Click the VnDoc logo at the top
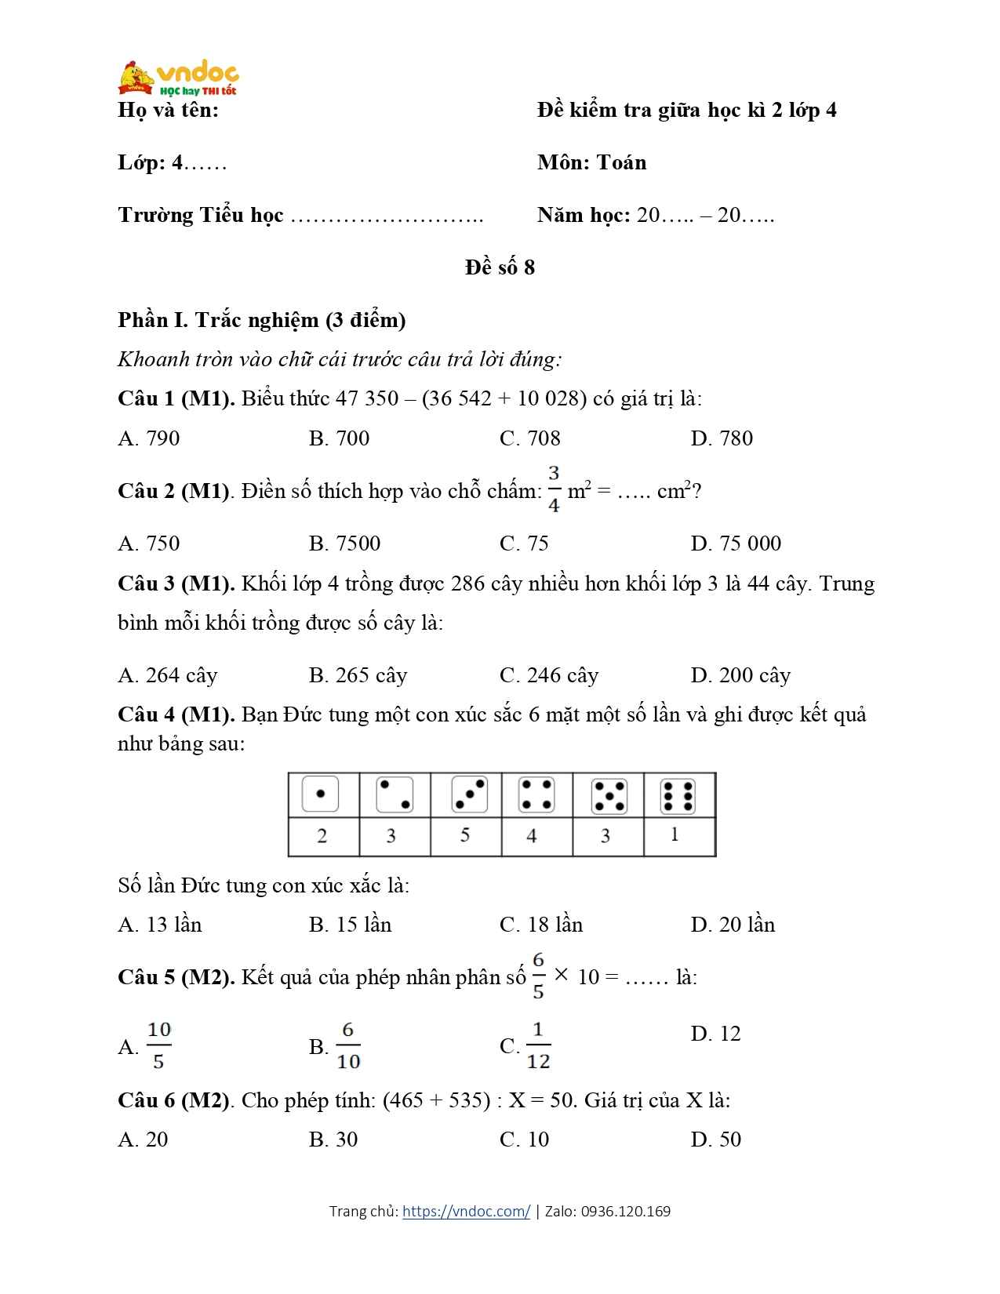[x=179, y=78]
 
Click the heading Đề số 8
[x=500, y=267]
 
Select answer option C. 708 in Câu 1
[x=530, y=438]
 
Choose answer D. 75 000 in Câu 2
[x=736, y=543]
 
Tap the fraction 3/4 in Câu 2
[x=554, y=489]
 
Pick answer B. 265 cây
[x=358, y=675]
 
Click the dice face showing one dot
[x=320, y=794]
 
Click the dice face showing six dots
[x=678, y=795]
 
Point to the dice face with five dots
[x=609, y=795]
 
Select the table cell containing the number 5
[x=465, y=836]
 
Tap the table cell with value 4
[x=532, y=836]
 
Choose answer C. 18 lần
[x=541, y=925]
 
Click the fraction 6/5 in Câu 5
[x=538, y=976]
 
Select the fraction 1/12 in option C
[x=538, y=1045]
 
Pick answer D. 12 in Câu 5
[x=715, y=1034]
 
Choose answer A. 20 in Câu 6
[x=143, y=1140]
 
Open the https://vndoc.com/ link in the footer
[x=466, y=1212]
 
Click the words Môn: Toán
[x=592, y=163]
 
